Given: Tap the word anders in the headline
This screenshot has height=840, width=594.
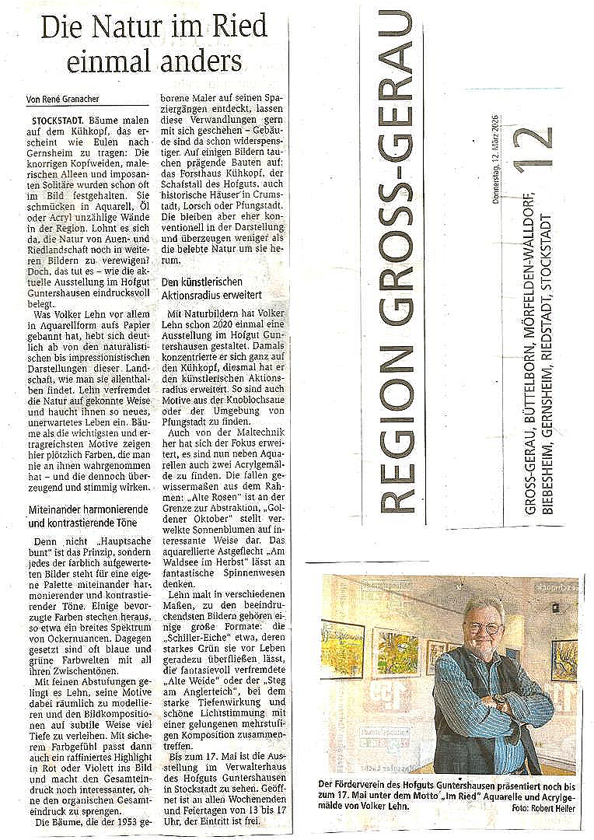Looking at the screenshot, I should coord(201,60).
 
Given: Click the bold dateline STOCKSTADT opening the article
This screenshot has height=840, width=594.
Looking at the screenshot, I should coord(59,122).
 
